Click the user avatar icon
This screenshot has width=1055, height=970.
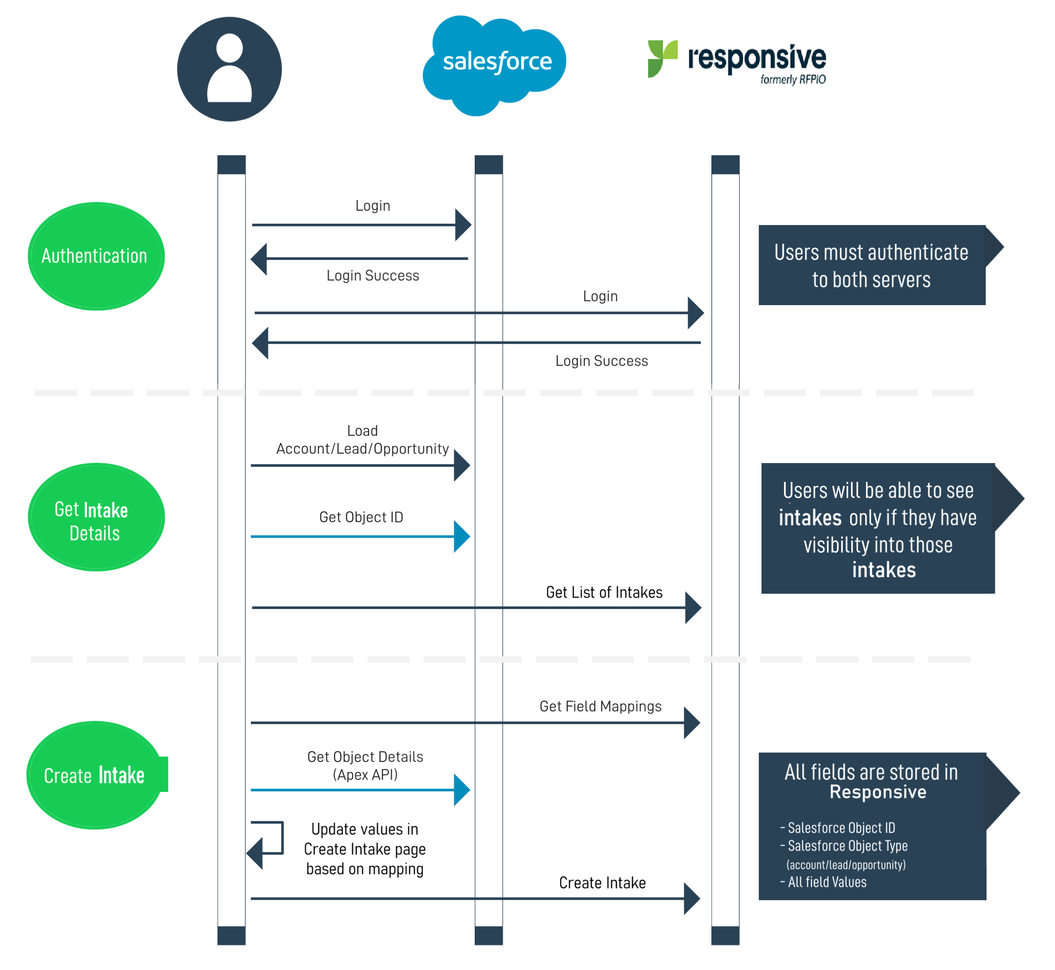(x=230, y=69)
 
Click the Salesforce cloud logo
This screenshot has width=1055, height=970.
(x=494, y=65)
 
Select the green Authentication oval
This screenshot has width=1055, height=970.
(x=96, y=256)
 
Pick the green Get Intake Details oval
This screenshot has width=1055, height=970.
(x=96, y=517)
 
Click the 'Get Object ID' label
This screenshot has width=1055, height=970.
(x=361, y=517)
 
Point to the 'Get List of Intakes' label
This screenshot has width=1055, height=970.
(x=604, y=592)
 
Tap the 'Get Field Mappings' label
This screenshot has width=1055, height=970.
(x=600, y=706)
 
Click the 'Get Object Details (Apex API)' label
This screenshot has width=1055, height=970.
(x=366, y=765)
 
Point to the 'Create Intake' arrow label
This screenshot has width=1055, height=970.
(x=602, y=883)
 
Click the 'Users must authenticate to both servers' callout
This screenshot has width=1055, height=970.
(x=872, y=265)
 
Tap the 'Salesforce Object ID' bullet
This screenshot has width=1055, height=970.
(x=838, y=828)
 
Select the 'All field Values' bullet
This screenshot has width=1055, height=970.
(x=824, y=882)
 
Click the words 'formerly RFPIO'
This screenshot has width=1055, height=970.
(x=793, y=79)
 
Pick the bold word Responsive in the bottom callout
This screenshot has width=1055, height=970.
(x=878, y=791)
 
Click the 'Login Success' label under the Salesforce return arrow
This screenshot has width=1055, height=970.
(x=373, y=276)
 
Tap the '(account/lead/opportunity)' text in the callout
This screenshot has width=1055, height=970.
(x=846, y=864)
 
